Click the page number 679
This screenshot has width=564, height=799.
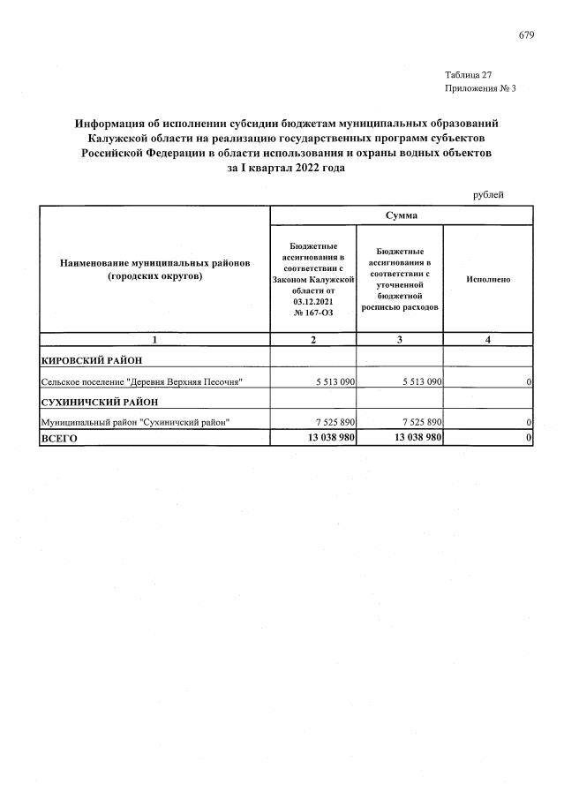tap(526, 35)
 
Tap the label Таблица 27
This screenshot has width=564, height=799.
tap(469, 74)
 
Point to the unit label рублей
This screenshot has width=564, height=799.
tap(488, 194)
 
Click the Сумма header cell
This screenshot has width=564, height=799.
tap(401, 215)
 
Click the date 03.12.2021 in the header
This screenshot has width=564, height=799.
tap(313, 300)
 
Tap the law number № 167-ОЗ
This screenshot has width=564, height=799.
tap(313, 312)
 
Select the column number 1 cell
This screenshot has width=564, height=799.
tap(154, 339)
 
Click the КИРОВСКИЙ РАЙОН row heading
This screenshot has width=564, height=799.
tap(92, 359)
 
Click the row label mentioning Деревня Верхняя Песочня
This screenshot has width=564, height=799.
tap(142, 381)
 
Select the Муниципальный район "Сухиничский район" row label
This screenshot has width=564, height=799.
tap(136, 422)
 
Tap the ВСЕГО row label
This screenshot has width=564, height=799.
tap(61, 438)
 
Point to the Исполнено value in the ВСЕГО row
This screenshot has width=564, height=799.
tap(528, 438)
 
